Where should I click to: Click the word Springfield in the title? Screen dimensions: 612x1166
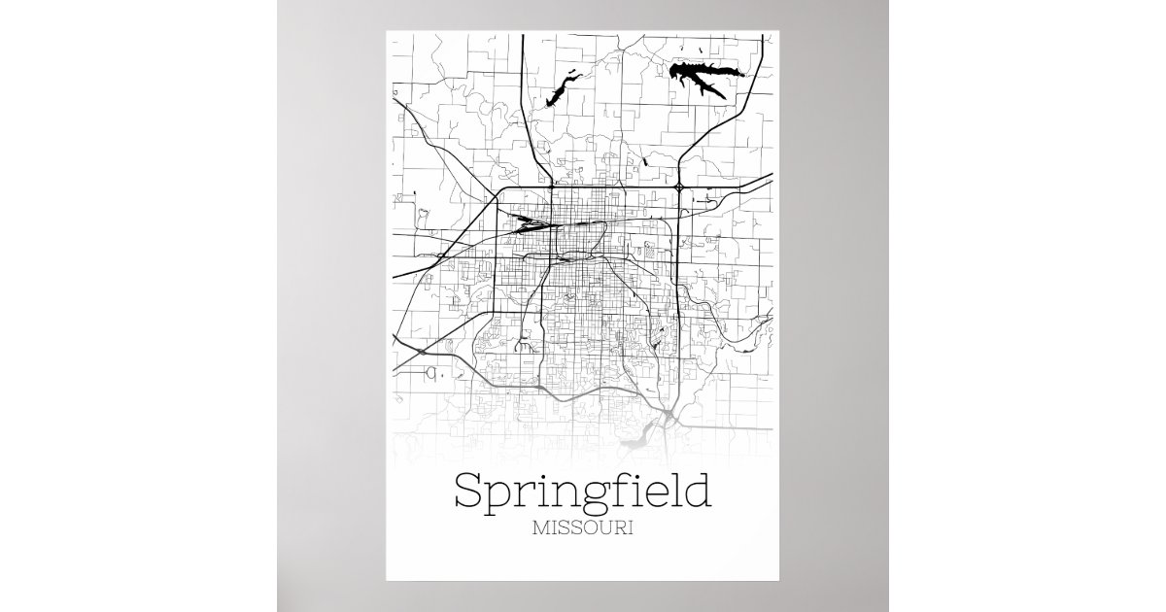click(x=582, y=493)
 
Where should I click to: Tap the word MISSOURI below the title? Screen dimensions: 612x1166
click(x=583, y=530)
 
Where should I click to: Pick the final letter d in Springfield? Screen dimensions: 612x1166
click(x=697, y=491)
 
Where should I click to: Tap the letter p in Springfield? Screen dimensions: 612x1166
click(x=499, y=498)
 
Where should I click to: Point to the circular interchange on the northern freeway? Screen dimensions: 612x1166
click(x=678, y=185)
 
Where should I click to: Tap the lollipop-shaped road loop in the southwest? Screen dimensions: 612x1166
click(x=525, y=342)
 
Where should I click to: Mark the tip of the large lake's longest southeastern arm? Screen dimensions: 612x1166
click(x=725, y=97)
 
